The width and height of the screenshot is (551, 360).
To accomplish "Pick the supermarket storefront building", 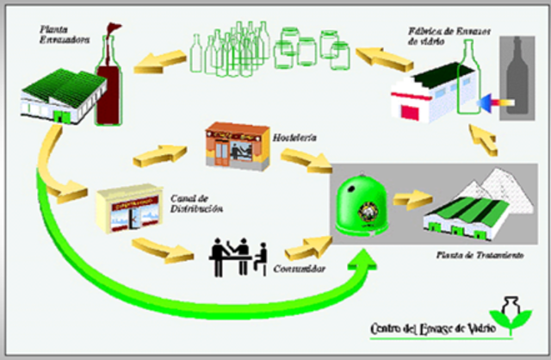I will [x=128, y=209].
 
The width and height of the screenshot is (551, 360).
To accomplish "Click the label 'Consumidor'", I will [x=296, y=270].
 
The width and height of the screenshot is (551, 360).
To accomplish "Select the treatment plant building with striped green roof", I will [x=465, y=216].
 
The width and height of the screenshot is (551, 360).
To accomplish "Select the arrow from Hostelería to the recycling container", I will [x=301, y=158].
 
